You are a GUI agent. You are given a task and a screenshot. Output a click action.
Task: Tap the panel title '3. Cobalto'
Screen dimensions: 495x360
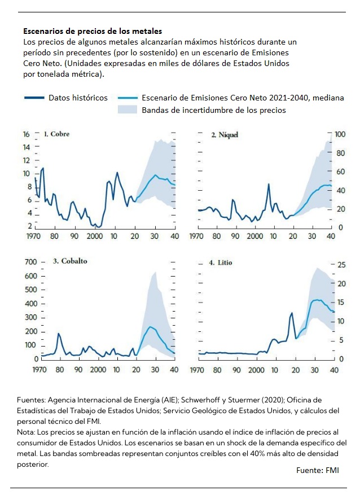point(70,261)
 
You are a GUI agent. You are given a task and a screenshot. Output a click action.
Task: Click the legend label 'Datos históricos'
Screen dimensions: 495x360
point(78,98)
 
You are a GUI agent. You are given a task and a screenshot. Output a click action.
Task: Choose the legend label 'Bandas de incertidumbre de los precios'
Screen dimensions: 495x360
point(214,110)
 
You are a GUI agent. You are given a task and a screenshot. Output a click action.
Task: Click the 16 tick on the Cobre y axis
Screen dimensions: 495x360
point(26,134)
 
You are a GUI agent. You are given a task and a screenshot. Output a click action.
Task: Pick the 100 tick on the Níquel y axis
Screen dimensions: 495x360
point(340,134)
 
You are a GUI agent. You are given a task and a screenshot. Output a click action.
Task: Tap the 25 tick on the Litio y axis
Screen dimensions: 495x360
point(341,264)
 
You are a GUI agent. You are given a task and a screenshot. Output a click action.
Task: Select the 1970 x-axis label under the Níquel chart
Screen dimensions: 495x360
point(196,236)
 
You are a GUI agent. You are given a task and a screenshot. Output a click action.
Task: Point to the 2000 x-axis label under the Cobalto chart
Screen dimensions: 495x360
point(98,370)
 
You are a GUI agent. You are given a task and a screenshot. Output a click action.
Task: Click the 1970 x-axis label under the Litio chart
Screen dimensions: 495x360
point(197,370)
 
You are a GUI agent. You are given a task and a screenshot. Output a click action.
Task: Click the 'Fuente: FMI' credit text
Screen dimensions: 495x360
point(318,470)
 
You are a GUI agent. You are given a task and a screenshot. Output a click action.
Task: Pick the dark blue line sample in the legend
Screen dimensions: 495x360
point(34,98)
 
